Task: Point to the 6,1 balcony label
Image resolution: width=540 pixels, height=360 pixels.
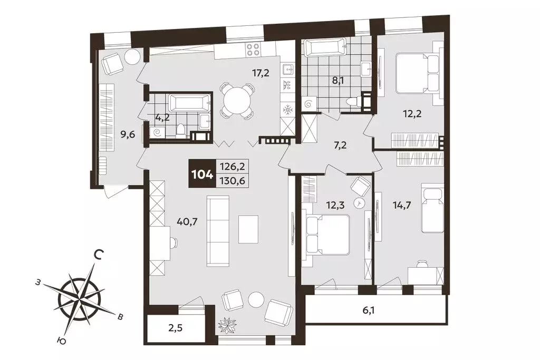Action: pyautogui.click(x=368, y=311)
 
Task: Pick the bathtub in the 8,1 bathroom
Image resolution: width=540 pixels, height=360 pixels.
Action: pyautogui.click(x=325, y=48)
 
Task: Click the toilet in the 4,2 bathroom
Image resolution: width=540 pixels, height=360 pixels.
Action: pyautogui.click(x=180, y=130)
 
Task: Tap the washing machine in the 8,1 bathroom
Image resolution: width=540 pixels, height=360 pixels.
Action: pyautogui.click(x=308, y=103)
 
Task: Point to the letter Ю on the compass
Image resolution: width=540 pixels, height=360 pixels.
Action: pyautogui.click(x=61, y=340)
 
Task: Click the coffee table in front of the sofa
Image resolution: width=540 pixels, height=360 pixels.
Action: pyautogui.click(x=248, y=229)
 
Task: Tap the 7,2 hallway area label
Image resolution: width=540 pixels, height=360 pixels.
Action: pyautogui.click(x=340, y=144)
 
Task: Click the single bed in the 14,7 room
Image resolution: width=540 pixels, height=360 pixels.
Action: pyautogui.click(x=432, y=208)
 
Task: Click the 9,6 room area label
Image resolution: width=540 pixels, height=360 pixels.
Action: pyautogui.click(x=128, y=134)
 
